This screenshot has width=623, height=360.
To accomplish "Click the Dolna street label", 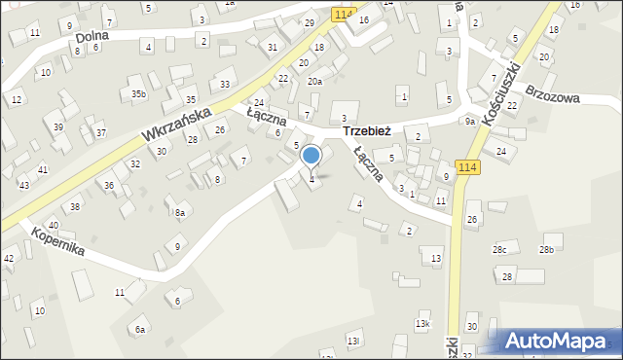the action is [x=92, y=36].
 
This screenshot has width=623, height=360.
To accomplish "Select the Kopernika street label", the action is [x=57, y=241].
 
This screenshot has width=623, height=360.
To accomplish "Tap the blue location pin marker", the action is [x=311, y=156].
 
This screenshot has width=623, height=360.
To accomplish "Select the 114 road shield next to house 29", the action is [x=342, y=14].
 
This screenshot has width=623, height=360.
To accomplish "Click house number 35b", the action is [x=139, y=94].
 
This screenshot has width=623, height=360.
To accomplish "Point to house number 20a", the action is [x=314, y=82].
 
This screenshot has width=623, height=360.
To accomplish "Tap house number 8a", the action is [x=179, y=213].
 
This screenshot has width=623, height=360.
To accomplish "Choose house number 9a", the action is [x=469, y=122].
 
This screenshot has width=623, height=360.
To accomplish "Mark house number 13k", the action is [x=422, y=323].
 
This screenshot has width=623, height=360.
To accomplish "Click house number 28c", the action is [x=499, y=250].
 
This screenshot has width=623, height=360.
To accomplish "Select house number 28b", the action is [x=547, y=250].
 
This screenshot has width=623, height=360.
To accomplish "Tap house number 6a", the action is [x=140, y=330].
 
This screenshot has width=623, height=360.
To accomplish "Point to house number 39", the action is [x=58, y=128].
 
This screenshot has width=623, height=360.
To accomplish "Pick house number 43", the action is [x=24, y=185].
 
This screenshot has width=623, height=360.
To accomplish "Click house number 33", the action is [x=225, y=86].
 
